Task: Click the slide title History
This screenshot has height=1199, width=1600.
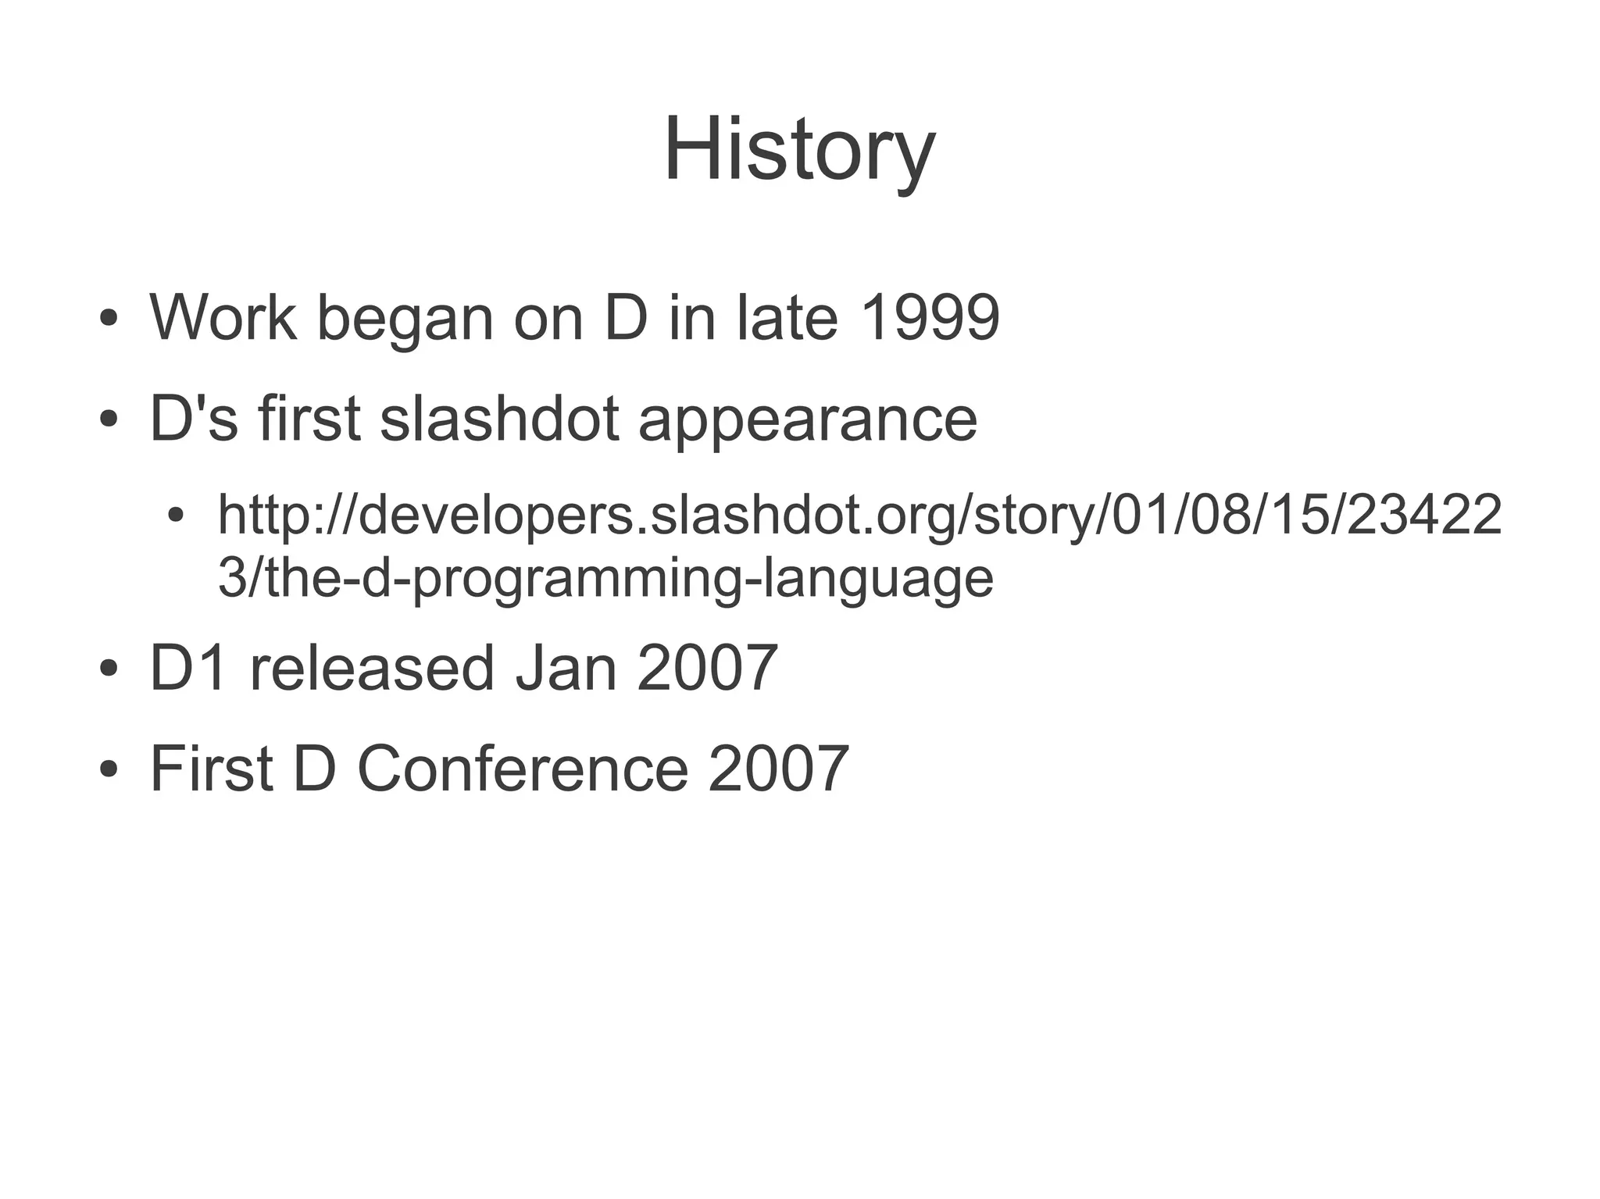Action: [799, 150]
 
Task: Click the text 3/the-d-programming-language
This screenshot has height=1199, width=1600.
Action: [605, 580]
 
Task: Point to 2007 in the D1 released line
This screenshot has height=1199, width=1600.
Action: [707, 668]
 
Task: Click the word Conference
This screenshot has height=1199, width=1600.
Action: [523, 769]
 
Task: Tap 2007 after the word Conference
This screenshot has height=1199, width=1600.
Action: [778, 769]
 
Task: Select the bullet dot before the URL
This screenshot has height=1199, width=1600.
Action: [177, 516]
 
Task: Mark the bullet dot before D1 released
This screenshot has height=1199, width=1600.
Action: [109, 669]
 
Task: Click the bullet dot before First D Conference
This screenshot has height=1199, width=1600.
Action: [109, 769]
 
